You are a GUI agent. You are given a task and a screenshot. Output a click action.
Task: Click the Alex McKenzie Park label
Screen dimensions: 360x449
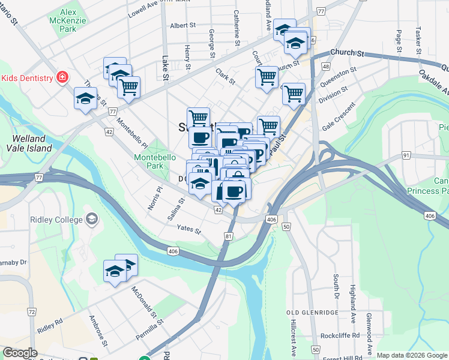(x=76, y=20)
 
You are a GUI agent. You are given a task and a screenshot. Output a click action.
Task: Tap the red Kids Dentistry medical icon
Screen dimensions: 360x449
(x=61, y=77)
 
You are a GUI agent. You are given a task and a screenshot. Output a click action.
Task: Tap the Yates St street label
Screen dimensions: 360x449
(x=188, y=228)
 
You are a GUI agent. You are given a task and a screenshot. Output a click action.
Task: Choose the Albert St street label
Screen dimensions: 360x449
(x=183, y=25)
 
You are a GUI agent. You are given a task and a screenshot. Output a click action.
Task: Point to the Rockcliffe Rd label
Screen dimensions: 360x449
(x=340, y=335)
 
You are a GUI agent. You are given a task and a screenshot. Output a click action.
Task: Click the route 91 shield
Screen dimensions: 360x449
(x=406, y=155)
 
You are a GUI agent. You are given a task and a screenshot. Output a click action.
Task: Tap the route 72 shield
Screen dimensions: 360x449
(x=31, y=313)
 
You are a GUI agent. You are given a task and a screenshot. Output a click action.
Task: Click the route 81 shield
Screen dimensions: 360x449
(x=229, y=237)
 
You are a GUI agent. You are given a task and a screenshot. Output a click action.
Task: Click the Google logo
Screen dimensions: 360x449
(x=20, y=352)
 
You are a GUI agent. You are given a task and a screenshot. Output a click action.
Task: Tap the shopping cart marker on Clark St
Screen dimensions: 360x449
(x=266, y=77)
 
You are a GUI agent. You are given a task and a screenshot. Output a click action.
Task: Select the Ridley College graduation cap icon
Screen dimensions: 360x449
(x=91, y=220)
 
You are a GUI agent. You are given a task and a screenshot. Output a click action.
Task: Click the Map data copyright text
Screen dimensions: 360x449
(x=412, y=355)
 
